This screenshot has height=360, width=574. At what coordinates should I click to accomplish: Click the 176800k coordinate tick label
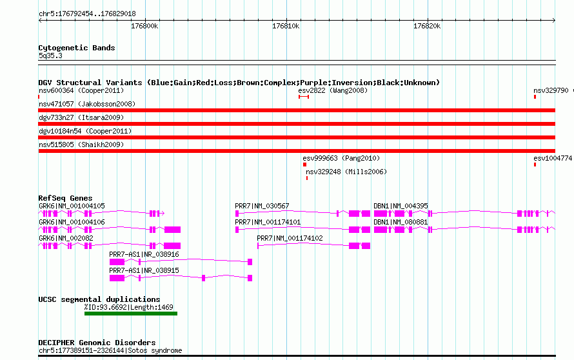point(144,26)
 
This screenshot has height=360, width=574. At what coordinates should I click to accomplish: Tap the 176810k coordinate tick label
point(286,26)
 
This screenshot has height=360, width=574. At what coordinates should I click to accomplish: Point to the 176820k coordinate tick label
point(427,26)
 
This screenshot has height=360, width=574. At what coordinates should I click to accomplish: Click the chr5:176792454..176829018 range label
point(87,14)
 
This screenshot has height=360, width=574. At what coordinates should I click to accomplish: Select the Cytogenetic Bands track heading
point(77,48)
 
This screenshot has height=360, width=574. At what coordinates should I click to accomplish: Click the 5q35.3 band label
point(50,55)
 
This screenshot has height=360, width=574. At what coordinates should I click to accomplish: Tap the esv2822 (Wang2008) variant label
point(333,90)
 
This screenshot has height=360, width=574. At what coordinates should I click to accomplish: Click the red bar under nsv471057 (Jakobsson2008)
point(297,110)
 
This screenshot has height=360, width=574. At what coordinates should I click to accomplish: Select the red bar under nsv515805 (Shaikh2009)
point(297,151)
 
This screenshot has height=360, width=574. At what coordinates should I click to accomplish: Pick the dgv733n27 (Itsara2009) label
point(81,117)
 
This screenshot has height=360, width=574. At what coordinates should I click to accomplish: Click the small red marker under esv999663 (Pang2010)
point(304,165)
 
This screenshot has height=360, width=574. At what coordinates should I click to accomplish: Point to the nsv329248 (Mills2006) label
point(346,172)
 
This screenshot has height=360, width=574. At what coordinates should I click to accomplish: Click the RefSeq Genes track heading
point(65,198)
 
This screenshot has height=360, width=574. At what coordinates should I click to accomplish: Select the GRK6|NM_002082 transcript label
point(66,238)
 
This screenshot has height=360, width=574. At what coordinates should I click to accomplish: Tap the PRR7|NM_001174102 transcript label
point(290,238)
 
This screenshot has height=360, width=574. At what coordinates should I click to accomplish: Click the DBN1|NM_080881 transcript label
point(401,222)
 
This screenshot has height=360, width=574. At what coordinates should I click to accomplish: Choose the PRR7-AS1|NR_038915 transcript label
point(144,270)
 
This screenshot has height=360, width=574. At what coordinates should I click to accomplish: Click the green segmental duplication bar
point(131,314)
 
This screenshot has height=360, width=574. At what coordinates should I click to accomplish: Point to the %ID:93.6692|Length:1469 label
point(129,307)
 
